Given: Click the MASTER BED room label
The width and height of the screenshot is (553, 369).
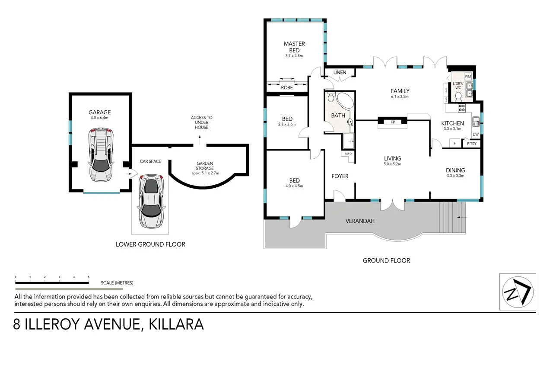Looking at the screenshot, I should pos(294,47).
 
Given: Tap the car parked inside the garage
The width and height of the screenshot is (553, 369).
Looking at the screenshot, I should pos(100,154).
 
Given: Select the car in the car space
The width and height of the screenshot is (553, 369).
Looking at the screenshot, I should pos(151,201).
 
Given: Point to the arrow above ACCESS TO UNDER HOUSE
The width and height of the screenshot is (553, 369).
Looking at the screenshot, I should pos(200,139).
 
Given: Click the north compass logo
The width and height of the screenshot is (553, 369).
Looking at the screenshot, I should pos(518,291).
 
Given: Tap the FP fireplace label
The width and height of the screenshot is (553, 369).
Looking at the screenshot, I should pos(393,122).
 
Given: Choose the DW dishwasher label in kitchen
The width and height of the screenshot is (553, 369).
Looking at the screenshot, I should pos(475,135).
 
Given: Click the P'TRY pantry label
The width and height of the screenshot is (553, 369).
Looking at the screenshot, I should pos(471,144).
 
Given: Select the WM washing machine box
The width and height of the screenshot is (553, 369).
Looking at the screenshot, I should pos(467,77).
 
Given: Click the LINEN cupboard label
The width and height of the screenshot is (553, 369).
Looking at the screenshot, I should pos(340,72).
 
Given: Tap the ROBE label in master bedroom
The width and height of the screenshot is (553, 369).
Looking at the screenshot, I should pos(287,88).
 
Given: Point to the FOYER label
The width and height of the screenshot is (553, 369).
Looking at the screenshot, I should pos(340,176).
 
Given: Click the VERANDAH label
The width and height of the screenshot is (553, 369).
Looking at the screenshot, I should pos(360,221).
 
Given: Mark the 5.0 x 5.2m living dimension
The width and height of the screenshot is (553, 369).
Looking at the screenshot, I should pos(393,164).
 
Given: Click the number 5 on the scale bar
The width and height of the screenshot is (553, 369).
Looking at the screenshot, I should pos(89,277).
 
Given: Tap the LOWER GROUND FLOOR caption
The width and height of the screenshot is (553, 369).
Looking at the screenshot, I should pos(150,244).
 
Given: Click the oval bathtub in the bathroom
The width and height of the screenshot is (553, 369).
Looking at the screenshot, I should pos(344,102).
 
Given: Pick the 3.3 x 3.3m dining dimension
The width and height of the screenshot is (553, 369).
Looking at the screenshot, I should pos(455,176).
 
